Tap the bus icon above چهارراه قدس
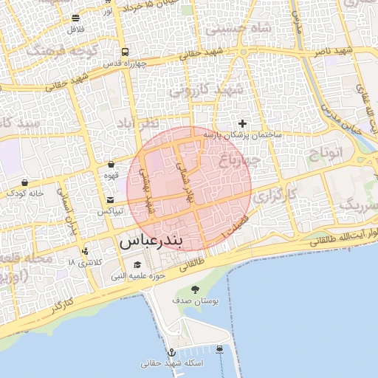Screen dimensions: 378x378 [x=125, y=52]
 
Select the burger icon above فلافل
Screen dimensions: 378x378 [x=76, y=18]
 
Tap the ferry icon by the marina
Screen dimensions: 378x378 [x=221, y=348]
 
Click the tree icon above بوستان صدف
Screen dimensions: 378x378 [x=195, y=289]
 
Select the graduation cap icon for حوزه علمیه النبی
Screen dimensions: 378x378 [x=137, y=265]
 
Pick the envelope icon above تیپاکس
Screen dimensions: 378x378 [x=111, y=200]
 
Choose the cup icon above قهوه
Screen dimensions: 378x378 [x=111, y=165]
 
